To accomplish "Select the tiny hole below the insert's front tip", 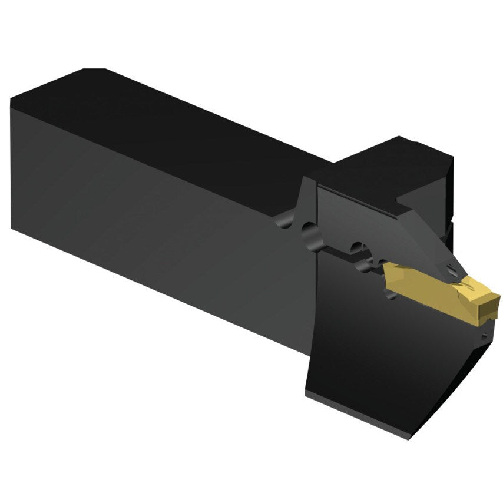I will (484, 337).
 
